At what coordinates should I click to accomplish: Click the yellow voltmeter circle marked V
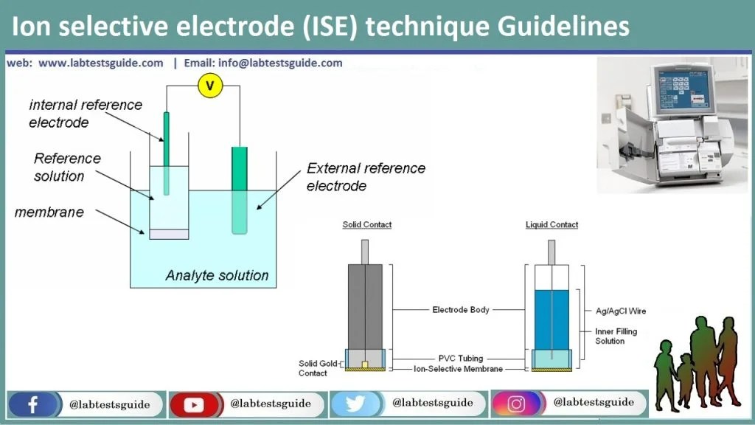tap(210, 86)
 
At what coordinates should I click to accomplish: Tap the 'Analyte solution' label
tap(217, 276)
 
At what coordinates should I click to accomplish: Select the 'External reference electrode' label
tap(366, 177)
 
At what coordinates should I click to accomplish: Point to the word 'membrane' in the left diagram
tap(49, 212)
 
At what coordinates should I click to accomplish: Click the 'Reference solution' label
tap(67, 167)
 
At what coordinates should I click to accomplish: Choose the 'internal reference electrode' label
tap(85, 114)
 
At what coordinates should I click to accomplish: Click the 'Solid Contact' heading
tap(367, 224)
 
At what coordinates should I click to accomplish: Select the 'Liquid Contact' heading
tap(552, 224)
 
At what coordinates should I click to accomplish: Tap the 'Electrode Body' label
tap(460, 310)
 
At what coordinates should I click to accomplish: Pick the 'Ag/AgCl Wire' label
tap(621, 311)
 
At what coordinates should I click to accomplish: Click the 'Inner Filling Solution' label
tap(616, 336)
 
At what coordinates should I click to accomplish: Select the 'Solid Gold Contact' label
tap(313, 368)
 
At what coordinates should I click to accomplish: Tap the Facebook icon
tap(33, 404)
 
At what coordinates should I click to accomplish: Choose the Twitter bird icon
tap(356, 404)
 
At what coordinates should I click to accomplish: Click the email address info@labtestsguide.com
tap(280, 63)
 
